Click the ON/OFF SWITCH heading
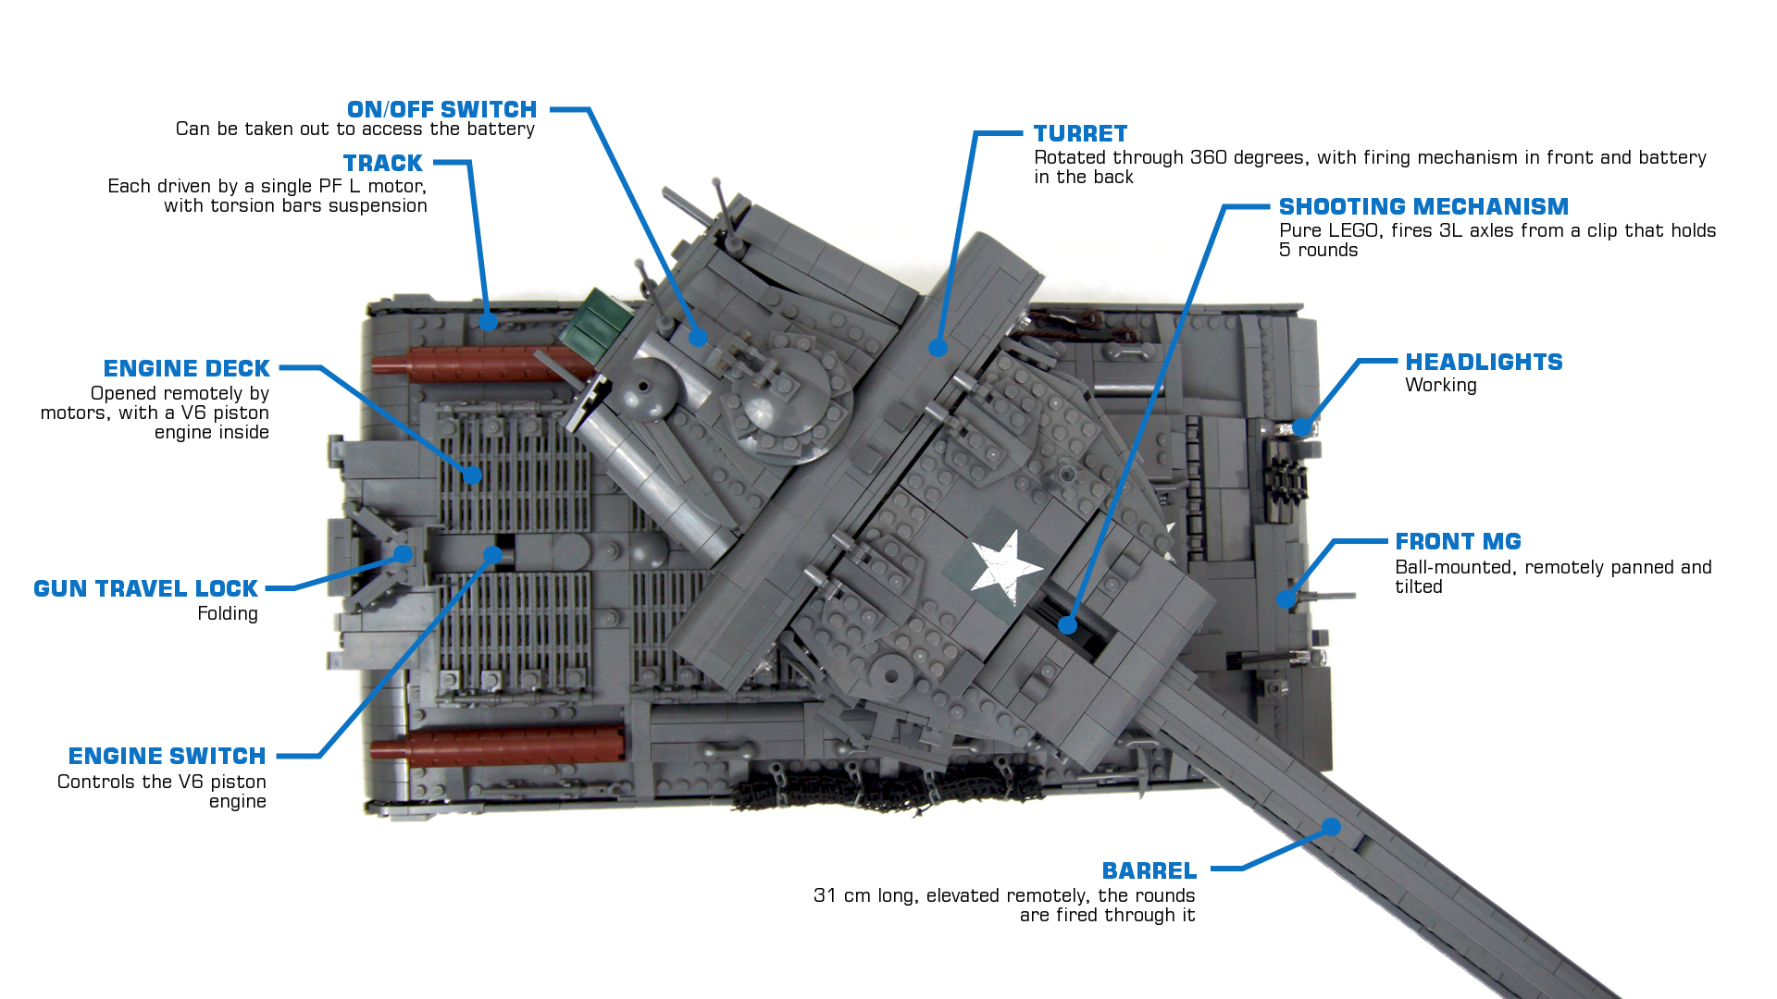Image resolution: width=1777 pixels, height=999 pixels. [441, 110]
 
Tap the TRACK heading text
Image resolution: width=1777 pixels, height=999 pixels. [382, 164]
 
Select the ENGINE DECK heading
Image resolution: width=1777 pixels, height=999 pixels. [186, 369]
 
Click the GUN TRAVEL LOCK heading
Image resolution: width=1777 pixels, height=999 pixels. [145, 589]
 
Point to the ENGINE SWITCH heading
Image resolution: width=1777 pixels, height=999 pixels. [167, 757]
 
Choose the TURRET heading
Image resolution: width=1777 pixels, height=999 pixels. [1080, 134]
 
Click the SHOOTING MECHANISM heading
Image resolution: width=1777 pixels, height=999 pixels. [1423, 207]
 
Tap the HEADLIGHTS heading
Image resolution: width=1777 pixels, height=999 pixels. [1484, 363]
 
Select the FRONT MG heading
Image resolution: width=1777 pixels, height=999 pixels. [1458, 542]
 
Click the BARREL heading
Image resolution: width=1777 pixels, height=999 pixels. [1149, 871]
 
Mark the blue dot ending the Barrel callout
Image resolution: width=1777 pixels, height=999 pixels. [1331, 827]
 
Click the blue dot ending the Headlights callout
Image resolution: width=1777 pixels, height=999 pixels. [1302, 427]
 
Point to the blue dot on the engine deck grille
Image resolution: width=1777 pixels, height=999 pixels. [473, 475]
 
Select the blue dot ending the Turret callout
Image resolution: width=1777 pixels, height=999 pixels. [938, 348]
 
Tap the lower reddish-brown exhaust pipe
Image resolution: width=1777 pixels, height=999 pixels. [500, 745]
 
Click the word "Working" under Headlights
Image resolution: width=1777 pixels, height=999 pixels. [1440, 386]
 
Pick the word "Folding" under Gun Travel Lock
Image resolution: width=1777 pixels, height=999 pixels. [227, 614]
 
